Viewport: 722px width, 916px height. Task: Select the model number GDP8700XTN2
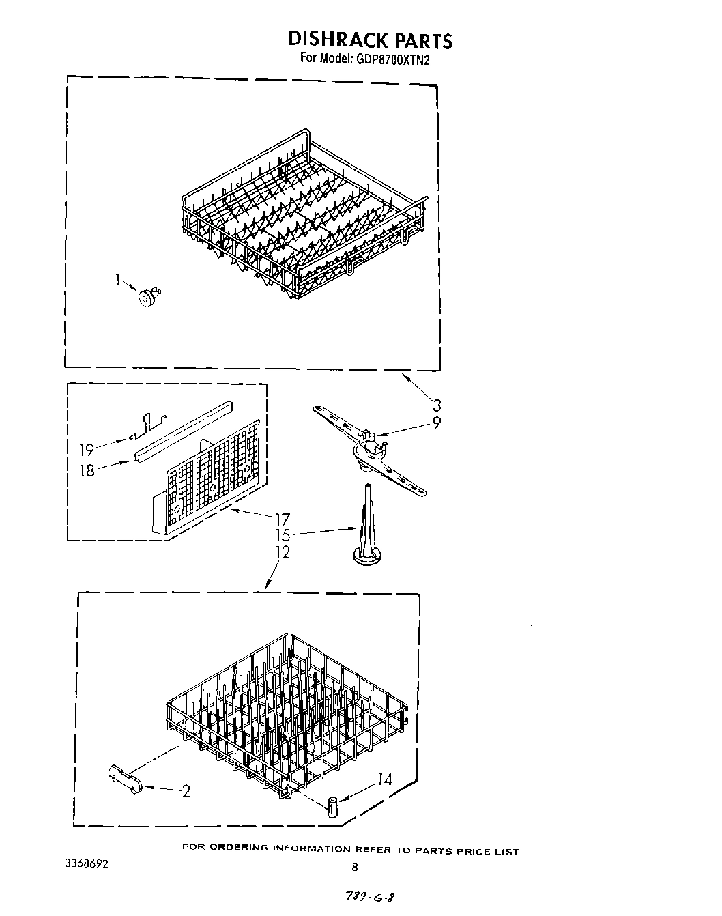click(x=392, y=59)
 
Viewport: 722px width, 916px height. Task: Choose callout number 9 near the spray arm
click(x=437, y=423)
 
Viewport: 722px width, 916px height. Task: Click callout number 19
click(x=87, y=450)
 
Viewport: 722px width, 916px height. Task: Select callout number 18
click(x=87, y=470)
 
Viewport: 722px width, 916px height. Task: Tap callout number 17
click(x=282, y=519)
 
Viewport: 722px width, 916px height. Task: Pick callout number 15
click(x=282, y=536)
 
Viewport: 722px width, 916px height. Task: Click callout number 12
click(x=282, y=552)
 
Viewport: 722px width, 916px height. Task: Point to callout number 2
click(x=185, y=792)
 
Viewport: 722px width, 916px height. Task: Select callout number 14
click(x=385, y=779)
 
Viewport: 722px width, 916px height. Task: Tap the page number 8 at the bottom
click(x=354, y=868)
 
